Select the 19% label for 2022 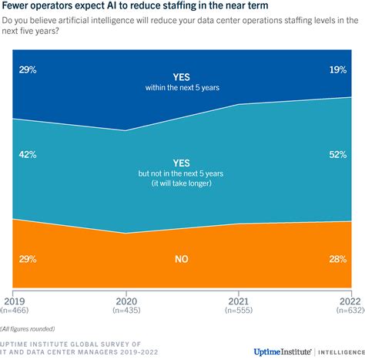(x=337, y=69)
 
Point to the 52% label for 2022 (x=337, y=154)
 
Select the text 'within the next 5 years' (x=182, y=87)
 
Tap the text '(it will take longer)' (x=182, y=183)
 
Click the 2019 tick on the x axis (x=14, y=300)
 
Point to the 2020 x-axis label (x=126, y=300)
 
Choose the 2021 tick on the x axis (x=237, y=300)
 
